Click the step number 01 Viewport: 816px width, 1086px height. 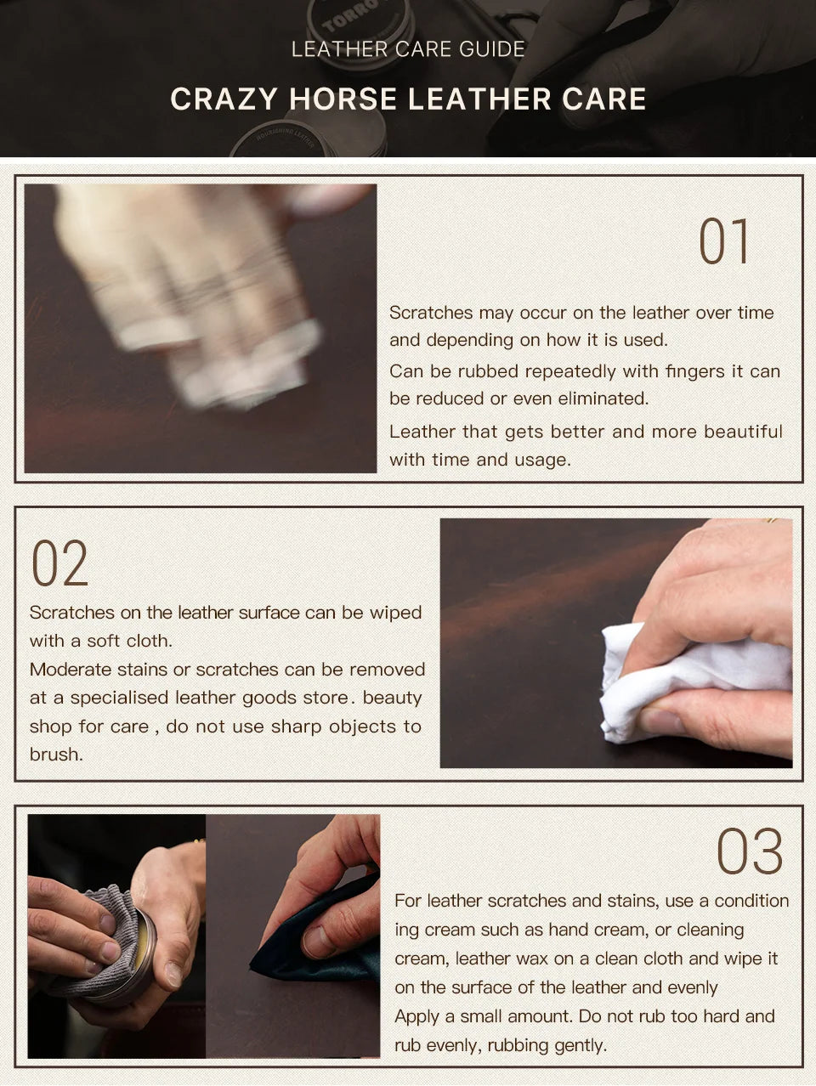pos(722,241)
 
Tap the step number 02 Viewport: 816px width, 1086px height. pos(59,563)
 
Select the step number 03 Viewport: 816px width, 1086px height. pos(749,851)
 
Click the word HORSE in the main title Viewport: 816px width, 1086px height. pos(343,99)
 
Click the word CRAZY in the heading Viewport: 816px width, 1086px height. pos(224,99)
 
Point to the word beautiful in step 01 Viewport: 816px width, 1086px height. pos(743,432)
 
